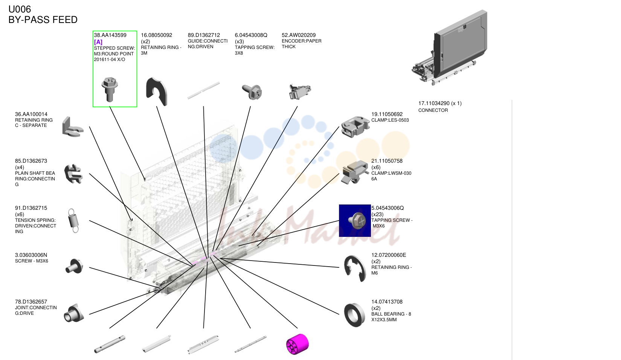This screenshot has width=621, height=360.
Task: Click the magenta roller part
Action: pos(297,344)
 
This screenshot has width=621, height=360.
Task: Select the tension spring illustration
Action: pos(73,221)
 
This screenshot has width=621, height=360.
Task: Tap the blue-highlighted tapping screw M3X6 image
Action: pos(355,221)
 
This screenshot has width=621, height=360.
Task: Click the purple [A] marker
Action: pos(98,42)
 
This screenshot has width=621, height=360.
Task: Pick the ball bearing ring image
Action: pos(355,315)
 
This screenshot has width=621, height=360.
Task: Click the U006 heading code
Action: pos(20,9)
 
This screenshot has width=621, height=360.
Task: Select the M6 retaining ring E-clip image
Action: pos(355,268)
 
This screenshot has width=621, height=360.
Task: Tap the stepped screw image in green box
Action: pos(110,89)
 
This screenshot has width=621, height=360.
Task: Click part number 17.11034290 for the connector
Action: pos(434,104)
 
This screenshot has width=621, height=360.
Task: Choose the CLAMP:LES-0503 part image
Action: pos(356,127)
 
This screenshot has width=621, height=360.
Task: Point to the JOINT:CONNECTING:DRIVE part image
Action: pos(74,313)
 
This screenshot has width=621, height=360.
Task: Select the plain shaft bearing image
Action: pos(73,174)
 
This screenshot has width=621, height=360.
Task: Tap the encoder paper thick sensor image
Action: pos(300,91)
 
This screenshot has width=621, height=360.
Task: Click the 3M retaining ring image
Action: pos(157,91)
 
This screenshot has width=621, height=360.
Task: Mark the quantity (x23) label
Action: pos(377,215)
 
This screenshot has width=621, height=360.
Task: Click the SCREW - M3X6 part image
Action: pos(74,266)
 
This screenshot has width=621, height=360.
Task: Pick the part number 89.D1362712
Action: pos(204,35)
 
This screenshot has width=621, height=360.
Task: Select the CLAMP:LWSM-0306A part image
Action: pos(355,172)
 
